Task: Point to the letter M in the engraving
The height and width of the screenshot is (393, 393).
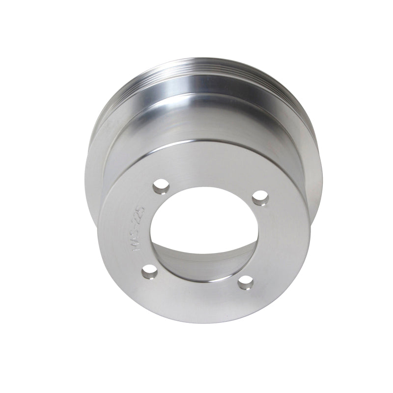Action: click(x=137, y=250)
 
